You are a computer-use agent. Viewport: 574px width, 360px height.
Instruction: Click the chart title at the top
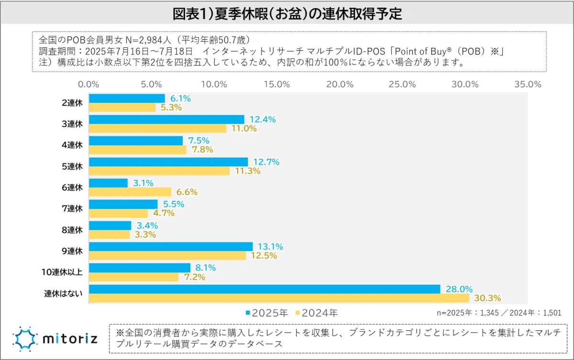tap(287, 13)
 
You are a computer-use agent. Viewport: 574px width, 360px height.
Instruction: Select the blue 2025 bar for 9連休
tap(171, 247)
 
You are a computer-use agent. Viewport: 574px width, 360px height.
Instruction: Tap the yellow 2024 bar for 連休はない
tap(279, 298)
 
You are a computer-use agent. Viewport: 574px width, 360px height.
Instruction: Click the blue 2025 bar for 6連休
tap(109, 183)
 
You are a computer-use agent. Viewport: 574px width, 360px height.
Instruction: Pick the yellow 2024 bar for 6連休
tap(130, 192)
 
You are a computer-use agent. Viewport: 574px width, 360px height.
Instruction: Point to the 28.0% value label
tap(459, 289)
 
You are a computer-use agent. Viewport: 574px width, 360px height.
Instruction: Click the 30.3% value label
tap(487, 298)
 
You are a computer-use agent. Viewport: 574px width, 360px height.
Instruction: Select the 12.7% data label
tap(265, 162)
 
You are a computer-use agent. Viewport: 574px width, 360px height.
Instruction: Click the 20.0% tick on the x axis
tap(340, 84)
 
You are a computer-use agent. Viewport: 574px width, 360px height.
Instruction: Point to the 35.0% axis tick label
tap(528, 84)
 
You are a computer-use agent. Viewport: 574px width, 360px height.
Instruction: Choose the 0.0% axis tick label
tap(88, 84)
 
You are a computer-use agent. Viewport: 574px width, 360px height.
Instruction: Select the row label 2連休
tap(73, 102)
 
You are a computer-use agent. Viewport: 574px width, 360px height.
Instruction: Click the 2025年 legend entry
tap(267, 313)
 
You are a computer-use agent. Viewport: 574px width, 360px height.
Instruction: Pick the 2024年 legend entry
tap(316, 313)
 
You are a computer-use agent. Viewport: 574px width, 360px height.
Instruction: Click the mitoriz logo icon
tap(25, 339)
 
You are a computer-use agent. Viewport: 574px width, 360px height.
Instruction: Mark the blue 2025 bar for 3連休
tap(166, 120)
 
